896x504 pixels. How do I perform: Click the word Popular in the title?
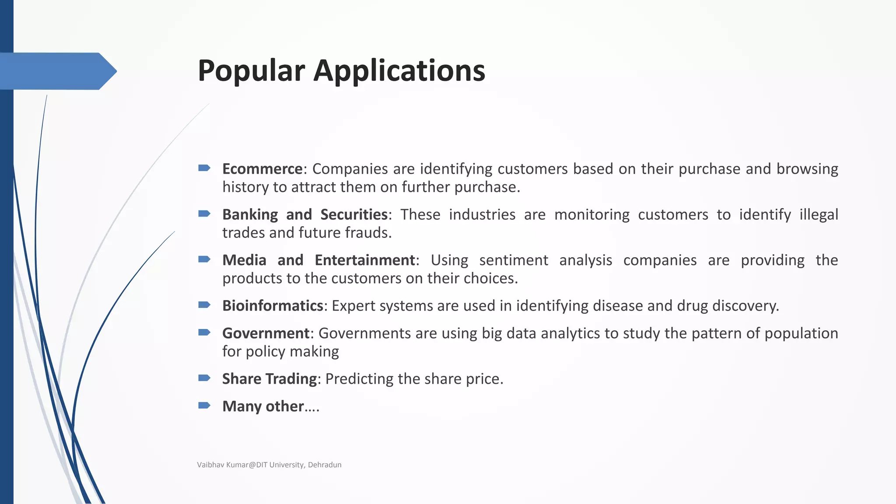coord(251,71)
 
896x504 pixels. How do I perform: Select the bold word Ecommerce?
coord(262,169)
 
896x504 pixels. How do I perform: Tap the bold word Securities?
coord(354,214)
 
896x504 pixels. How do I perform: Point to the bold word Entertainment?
coord(365,260)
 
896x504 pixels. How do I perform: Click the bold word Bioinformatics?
coord(273,305)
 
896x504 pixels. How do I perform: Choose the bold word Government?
coord(266,333)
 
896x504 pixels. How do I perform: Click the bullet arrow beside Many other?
coord(204,405)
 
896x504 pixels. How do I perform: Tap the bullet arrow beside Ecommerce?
coord(204,168)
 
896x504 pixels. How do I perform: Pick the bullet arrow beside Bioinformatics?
coord(204,304)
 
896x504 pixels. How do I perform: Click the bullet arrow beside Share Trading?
coord(204,378)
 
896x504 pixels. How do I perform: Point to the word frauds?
coord(368,233)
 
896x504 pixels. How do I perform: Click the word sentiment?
coord(514,260)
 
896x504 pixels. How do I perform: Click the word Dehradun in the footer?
coord(325,465)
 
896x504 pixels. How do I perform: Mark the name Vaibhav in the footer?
coord(210,465)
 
